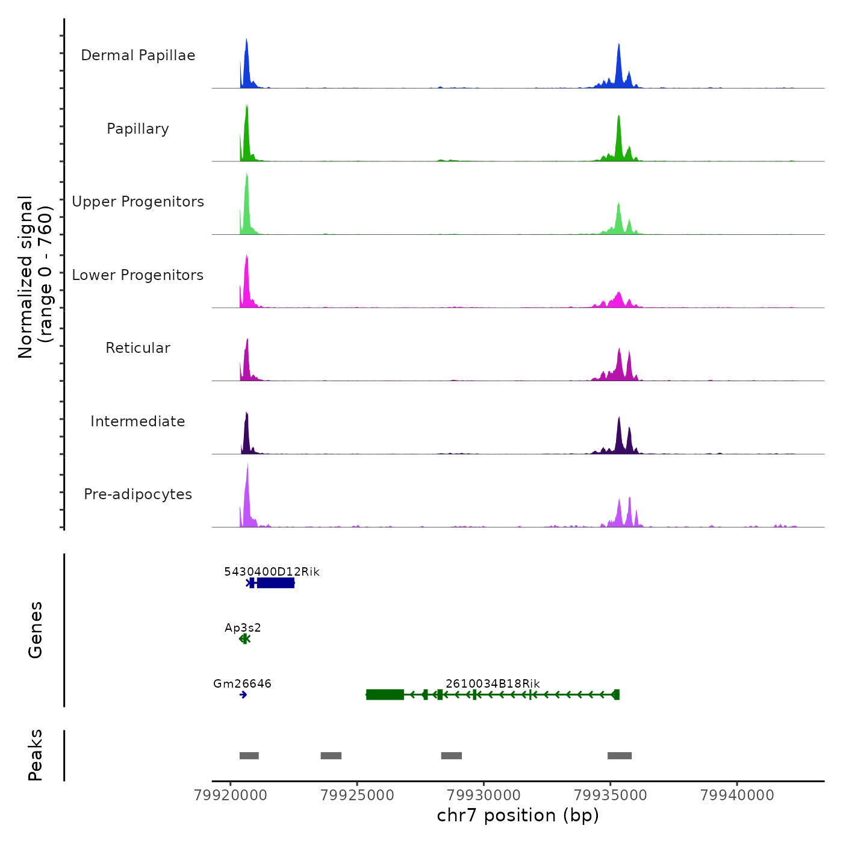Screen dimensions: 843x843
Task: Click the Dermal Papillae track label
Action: pyautogui.click(x=138, y=55)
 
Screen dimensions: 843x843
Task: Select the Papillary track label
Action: pyautogui.click(x=138, y=129)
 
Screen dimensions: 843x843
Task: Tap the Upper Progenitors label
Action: pyautogui.click(x=138, y=202)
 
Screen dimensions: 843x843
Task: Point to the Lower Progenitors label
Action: pyautogui.click(x=138, y=275)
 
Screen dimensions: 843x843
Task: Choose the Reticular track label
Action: pyautogui.click(x=138, y=348)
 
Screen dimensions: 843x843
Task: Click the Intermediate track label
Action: pyautogui.click(x=138, y=421)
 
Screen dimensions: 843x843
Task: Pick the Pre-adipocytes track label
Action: pyautogui.click(x=138, y=494)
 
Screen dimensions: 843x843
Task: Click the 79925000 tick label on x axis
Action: pyautogui.click(x=357, y=795)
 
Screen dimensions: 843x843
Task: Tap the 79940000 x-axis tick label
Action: pyautogui.click(x=737, y=795)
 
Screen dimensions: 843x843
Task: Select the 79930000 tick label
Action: pyautogui.click(x=484, y=795)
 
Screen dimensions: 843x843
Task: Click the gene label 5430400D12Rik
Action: pyautogui.click(x=272, y=571)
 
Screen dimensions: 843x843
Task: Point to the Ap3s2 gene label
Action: pyautogui.click(x=243, y=627)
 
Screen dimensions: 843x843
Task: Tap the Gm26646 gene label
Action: pyautogui.click(x=242, y=683)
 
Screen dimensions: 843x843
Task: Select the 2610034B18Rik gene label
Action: pyautogui.click(x=493, y=683)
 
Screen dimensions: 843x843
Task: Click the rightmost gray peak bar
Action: pyautogui.click(x=619, y=756)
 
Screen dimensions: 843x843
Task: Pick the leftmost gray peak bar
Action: pyautogui.click(x=249, y=756)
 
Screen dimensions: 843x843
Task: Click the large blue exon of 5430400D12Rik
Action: pyautogui.click(x=276, y=583)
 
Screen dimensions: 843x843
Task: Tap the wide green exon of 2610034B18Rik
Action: pyautogui.click(x=385, y=695)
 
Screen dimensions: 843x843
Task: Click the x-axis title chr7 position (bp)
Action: pyautogui.click(x=518, y=815)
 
